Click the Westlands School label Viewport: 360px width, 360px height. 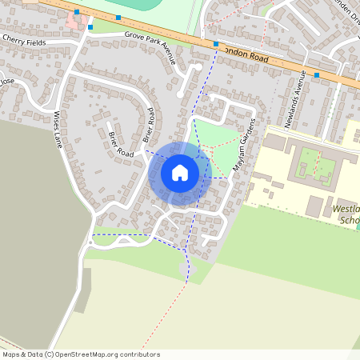point(345,214)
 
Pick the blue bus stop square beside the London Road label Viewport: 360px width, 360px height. point(216,44)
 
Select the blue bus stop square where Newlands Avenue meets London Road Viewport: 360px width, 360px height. point(317,75)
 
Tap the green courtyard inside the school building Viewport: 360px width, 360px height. point(308,165)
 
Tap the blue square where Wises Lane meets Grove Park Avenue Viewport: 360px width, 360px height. point(90,27)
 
